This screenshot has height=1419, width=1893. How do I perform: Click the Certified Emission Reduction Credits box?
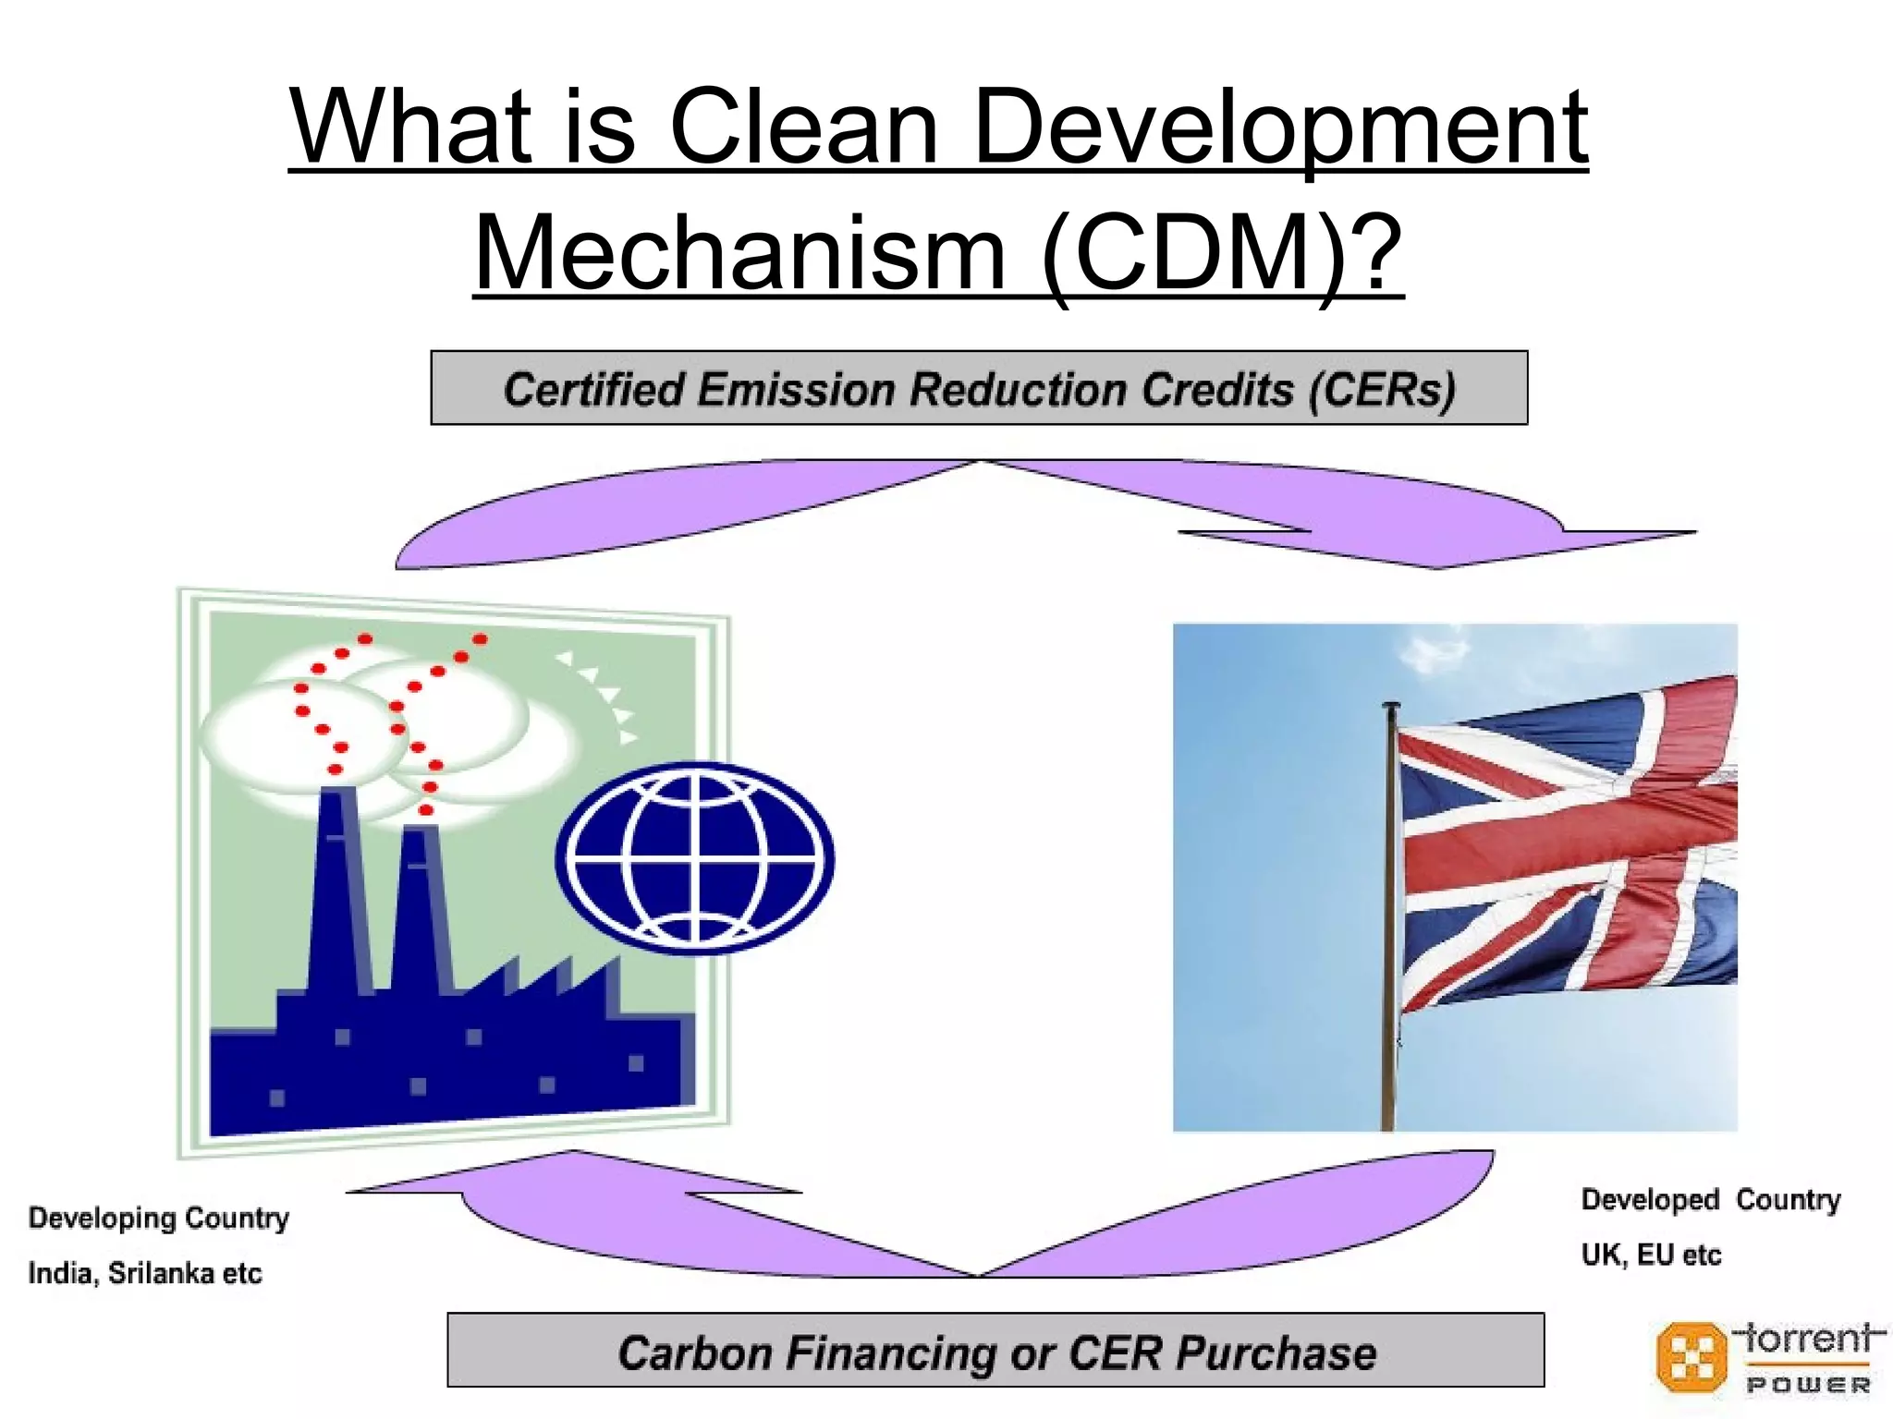(x=979, y=388)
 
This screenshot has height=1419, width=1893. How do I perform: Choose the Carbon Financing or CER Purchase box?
(x=995, y=1351)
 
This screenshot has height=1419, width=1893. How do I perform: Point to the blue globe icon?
(x=695, y=857)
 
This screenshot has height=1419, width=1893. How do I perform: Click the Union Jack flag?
(x=1566, y=841)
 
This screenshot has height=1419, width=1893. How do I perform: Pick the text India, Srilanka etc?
(x=145, y=1273)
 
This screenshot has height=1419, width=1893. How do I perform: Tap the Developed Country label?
(x=1710, y=1199)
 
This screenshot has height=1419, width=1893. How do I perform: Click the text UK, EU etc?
(x=1651, y=1255)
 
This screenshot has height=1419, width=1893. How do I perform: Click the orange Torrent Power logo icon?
(x=1691, y=1356)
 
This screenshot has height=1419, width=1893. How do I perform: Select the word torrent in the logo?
(x=1808, y=1338)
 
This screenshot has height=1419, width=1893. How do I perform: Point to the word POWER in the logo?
(x=1808, y=1385)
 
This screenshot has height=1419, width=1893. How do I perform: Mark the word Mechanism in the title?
(x=739, y=252)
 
